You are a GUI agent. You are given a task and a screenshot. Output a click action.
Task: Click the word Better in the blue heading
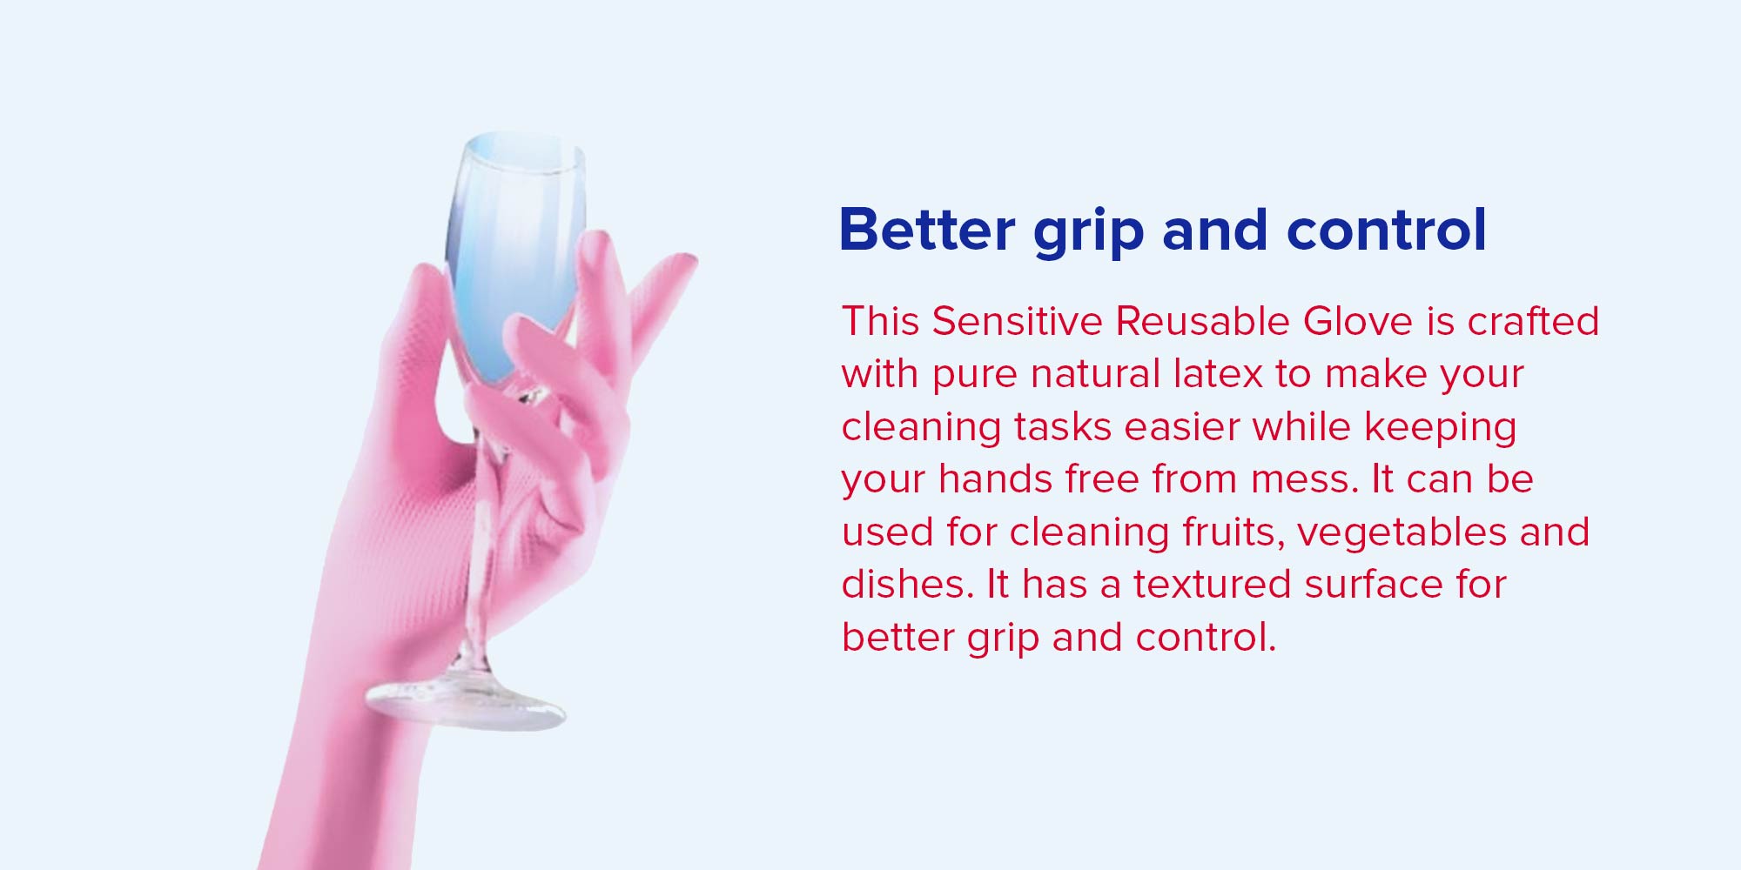tap(927, 230)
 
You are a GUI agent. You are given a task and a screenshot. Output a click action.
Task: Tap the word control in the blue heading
tap(1387, 230)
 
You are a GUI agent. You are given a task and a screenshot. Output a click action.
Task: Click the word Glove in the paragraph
tap(1357, 320)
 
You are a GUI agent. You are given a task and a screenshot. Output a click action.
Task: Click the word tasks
tap(1062, 426)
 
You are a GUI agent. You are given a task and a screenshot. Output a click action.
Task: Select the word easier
tap(1181, 426)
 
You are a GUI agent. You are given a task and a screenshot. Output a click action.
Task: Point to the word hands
tap(995, 478)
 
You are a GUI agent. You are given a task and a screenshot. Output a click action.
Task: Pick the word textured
tap(1213, 584)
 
